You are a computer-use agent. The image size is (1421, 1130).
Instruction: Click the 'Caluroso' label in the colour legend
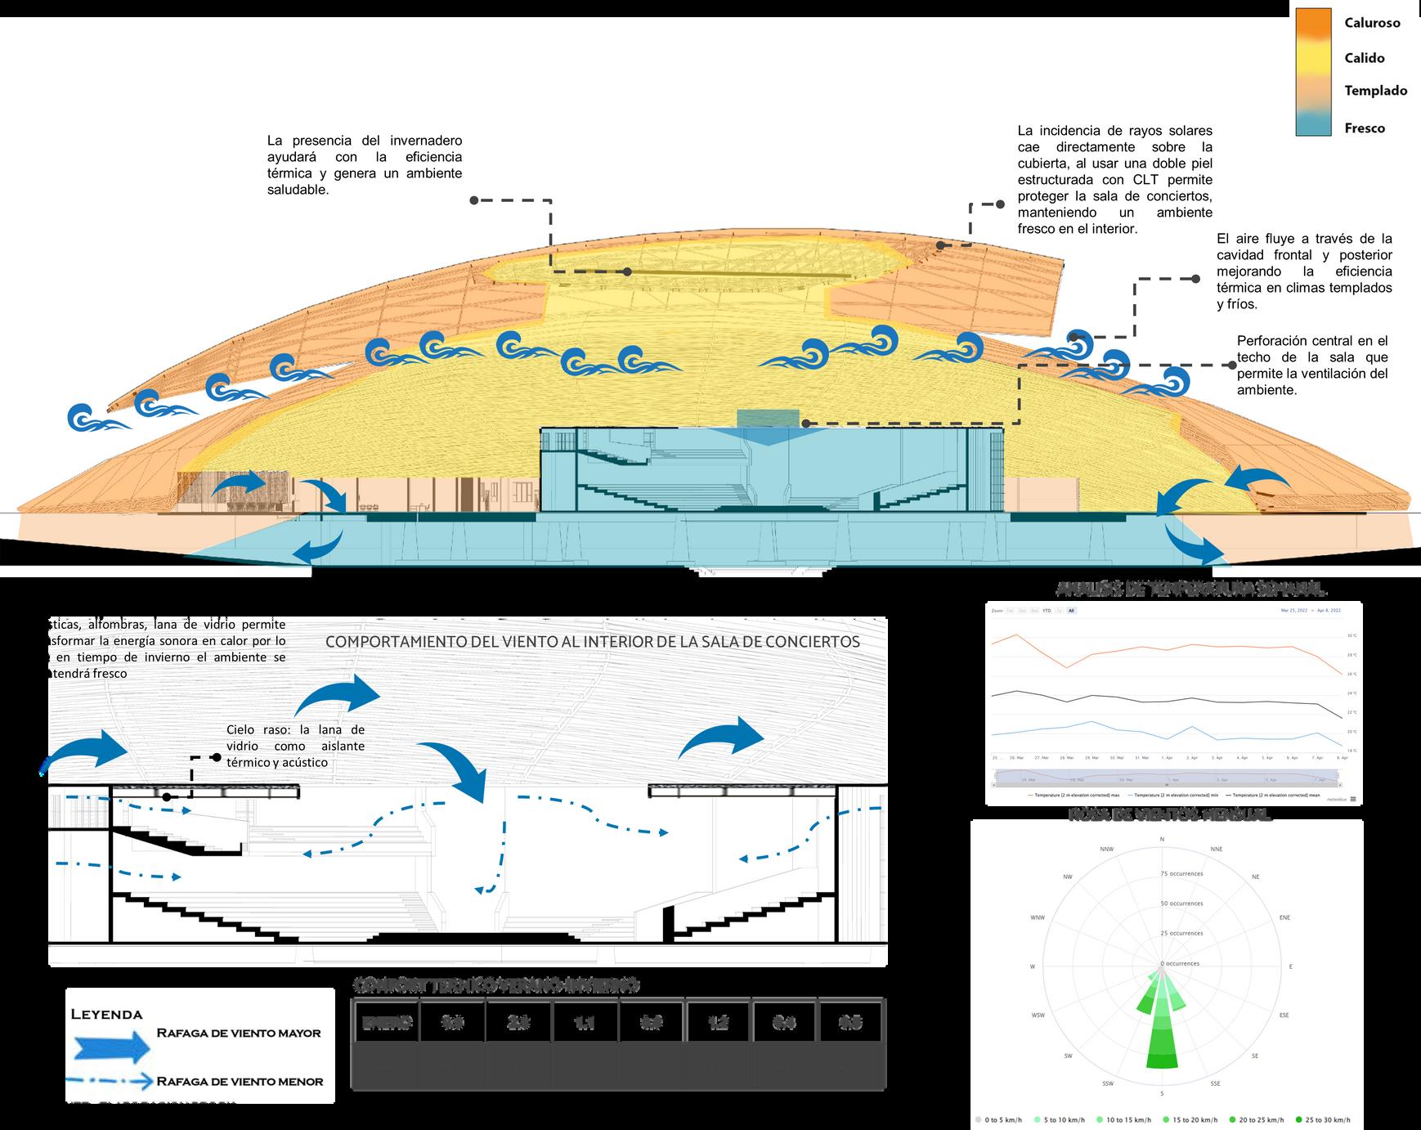pyautogui.click(x=1372, y=23)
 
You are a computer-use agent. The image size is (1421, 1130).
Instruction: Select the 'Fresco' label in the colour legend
pyautogui.click(x=1365, y=128)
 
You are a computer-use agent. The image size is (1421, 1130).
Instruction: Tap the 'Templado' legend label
pyautogui.click(x=1375, y=91)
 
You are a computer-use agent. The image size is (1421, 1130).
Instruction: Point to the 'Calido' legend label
pyautogui.click(x=1364, y=58)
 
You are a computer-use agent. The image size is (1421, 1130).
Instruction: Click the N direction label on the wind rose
pyautogui.click(x=1162, y=840)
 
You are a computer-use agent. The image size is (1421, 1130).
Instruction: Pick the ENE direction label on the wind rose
pyautogui.click(x=1284, y=917)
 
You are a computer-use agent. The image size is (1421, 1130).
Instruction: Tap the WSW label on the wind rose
pyautogui.click(x=1038, y=1016)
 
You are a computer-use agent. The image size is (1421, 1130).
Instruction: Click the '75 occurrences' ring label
pyautogui.click(x=1182, y=874)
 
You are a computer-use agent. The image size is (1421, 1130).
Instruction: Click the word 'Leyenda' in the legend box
pyautogui.click(x=107, y=1015)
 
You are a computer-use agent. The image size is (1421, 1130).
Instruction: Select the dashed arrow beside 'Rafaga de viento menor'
pyautogui.click(x=111, y=1082)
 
